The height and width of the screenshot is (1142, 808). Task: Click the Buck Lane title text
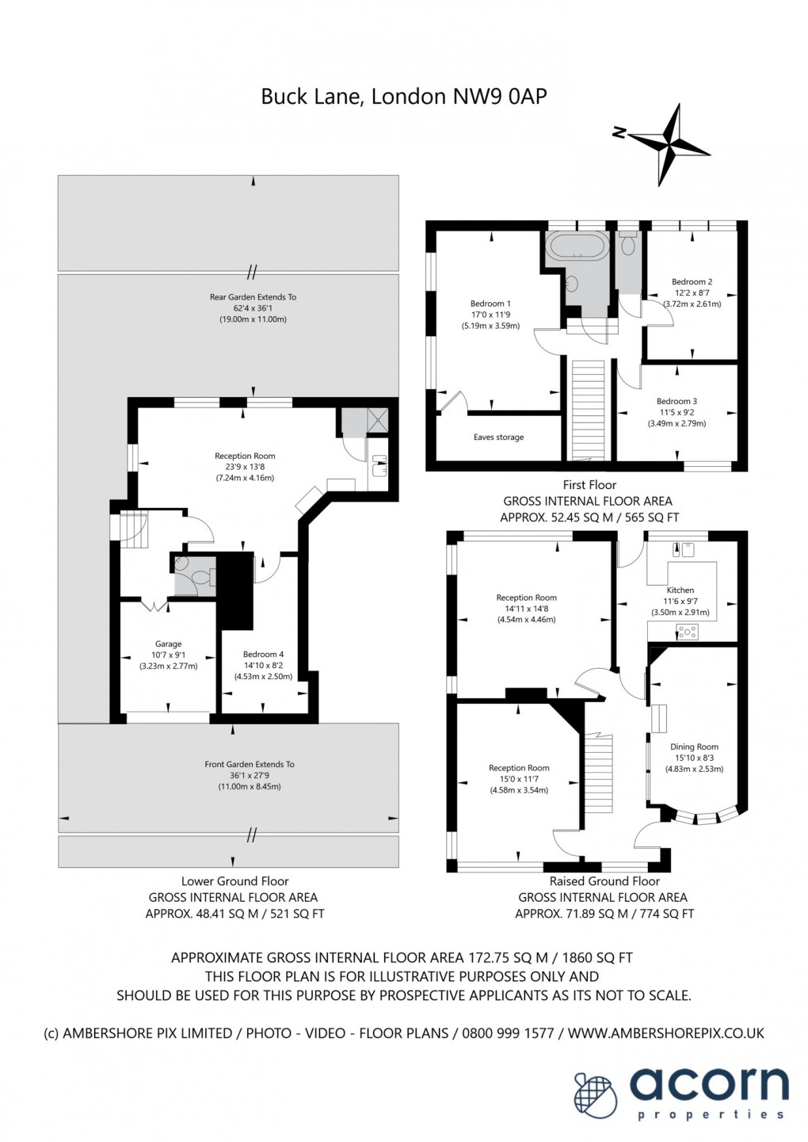pos(404,97)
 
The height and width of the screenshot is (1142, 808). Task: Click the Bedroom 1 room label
pos(490,304)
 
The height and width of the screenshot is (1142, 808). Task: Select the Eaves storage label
pos(498,437)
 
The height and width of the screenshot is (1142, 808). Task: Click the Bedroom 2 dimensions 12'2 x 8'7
pos(692,293)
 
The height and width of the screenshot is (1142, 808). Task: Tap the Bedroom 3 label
pos(677,401)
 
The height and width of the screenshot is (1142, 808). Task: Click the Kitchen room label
pos(680,590)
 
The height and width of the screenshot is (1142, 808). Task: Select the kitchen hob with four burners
pos(688,632)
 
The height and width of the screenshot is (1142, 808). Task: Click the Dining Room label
pos(694,747)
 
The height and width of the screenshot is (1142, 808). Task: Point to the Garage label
pos(168,644)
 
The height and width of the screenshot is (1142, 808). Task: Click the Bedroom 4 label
pos(263,654)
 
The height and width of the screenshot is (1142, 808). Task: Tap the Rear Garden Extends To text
pos(253,296)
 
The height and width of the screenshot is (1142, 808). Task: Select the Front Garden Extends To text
pos(250,764)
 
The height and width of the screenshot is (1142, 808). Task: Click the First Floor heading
pos(589,485)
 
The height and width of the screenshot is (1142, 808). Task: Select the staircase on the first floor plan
pos(589,410)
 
